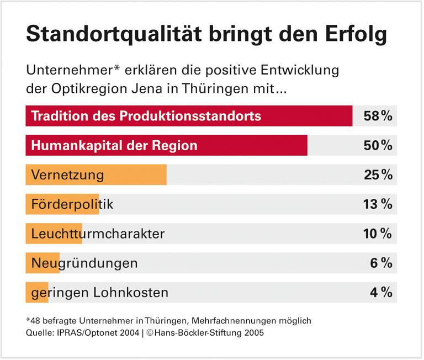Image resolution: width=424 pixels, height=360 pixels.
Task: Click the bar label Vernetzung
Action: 67,175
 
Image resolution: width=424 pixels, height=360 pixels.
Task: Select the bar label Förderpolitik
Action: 72,204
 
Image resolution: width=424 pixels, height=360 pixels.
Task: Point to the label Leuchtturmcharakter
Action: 98,234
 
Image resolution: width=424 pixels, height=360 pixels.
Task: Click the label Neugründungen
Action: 84,263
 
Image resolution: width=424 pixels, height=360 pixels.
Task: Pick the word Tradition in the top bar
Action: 58,117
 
